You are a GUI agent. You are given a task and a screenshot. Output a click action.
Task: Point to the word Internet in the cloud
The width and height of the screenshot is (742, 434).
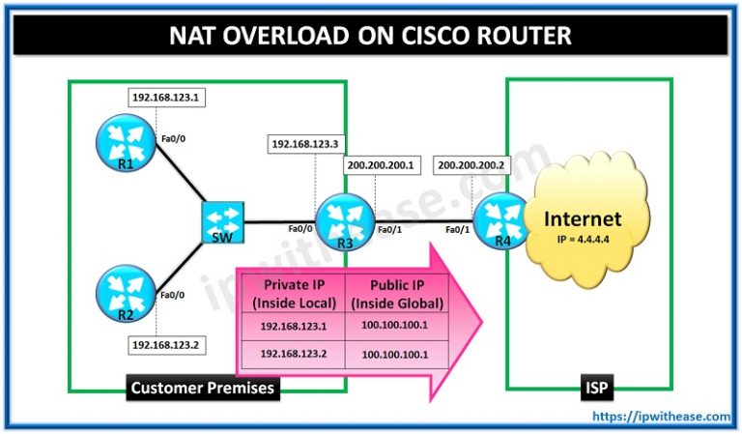[x=582, y=218]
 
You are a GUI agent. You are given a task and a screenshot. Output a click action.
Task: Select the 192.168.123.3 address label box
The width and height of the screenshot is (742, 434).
[x=303, y=143]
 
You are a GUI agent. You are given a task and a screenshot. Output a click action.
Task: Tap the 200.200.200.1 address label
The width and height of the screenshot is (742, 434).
[x=380, y=165]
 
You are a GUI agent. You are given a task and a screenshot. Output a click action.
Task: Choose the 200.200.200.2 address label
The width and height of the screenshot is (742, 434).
[x=471, y=165]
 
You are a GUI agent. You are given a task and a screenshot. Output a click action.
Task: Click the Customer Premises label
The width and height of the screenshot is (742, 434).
[x=201, y=389]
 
